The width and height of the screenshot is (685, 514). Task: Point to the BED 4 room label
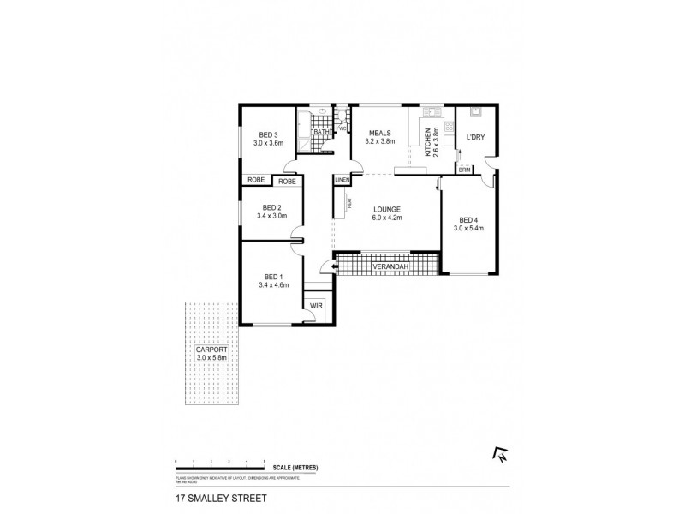pos(469,220)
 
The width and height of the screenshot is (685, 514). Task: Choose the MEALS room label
pos(380,134)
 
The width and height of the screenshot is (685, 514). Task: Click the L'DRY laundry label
pos(475,138)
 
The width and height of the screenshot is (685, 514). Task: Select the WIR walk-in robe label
pos(315,305)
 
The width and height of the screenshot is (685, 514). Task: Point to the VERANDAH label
pos(390,269)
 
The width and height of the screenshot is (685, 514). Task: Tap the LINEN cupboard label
pos(342,181)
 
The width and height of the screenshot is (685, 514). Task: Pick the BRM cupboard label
pos(465,170)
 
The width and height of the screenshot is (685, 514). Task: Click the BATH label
pos(320,132)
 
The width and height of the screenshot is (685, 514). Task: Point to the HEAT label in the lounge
pos(349,202)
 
